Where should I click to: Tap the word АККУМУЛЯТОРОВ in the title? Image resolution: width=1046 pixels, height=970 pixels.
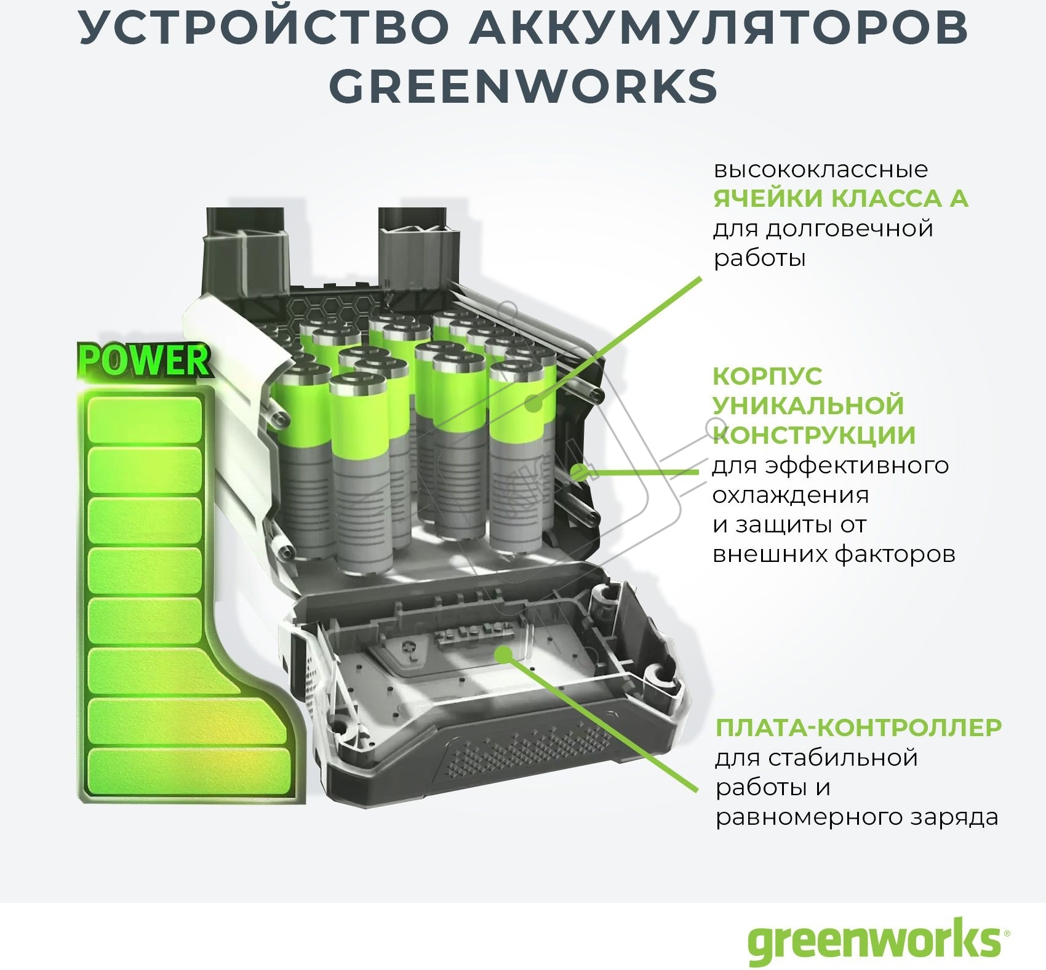click(x=719, y=28)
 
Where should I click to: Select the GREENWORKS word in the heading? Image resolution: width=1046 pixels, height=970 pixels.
click(x=524, y=86)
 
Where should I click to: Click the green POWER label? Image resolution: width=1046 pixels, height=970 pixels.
click(x=145, y=360)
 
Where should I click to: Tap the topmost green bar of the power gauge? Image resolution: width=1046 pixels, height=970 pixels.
click(x=145, y=420)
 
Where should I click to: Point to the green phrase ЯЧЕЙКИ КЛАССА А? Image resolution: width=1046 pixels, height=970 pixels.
click(x=840, y=198)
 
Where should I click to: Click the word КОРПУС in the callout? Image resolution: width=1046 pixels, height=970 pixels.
click(x=767, y=375)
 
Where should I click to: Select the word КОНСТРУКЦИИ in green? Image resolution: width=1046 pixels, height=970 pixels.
click(x=814, y=435)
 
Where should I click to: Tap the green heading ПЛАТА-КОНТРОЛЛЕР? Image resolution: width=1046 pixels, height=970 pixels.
click(x=858, y=727)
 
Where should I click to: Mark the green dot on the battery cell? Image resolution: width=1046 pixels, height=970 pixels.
click(x=534, y=404)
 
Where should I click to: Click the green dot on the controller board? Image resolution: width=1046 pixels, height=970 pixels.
click(x=504, y=654)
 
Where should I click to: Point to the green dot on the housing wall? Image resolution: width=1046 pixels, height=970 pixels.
click(x=578, y=473)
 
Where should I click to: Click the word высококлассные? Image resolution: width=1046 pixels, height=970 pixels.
click(x=820, y=169)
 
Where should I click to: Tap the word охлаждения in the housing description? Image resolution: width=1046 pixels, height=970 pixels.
click(x=791, y=495)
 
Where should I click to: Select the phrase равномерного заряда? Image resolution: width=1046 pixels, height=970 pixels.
click(x=856, y=817)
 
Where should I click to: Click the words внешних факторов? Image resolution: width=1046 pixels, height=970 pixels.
click(x=834, y=554)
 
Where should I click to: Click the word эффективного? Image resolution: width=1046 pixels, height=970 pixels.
click(x=857, y=466)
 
